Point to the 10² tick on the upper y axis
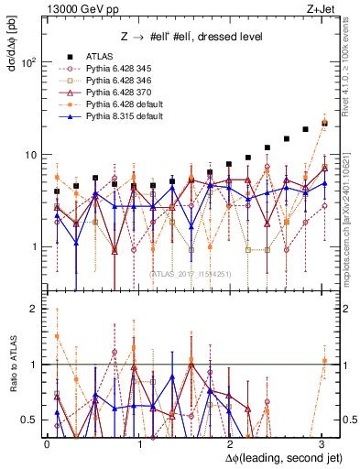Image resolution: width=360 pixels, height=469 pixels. [x=28, y=62]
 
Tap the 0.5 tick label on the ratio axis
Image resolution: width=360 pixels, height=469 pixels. [x=31, y=420]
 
